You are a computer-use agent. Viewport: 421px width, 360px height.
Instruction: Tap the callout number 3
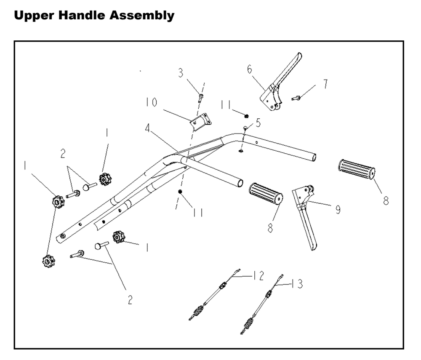coord(181,73)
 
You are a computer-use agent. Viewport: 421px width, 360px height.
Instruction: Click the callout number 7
coord(325,84)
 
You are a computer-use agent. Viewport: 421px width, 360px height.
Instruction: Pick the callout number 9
coord(338,209)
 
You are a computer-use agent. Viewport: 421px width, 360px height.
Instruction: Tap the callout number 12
coord(258,276)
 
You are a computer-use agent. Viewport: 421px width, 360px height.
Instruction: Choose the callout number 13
coord(297,285)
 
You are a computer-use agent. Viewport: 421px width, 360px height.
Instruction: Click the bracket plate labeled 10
coord(200,121)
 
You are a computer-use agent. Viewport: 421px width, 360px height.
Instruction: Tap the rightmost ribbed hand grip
coord(357,169)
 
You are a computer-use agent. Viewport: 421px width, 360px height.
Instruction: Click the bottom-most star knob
coord(48,261)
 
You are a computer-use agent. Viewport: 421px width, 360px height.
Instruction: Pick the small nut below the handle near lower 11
coord(180,192)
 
